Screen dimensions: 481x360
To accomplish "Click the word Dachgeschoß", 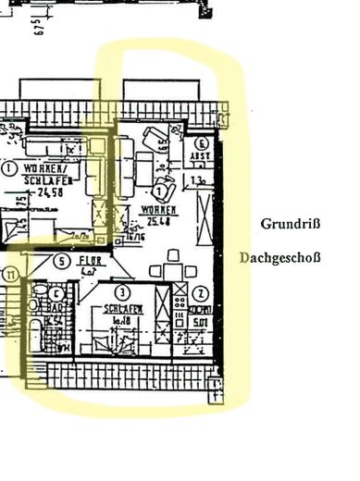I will click(279, 258).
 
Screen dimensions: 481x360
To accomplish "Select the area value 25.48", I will click(158, 223).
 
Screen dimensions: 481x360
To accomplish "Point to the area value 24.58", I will click(45, 194).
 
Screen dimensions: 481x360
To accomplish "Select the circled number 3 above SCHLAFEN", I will click(120, 293).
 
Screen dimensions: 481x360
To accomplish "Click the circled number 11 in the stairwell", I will click(10, 275).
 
